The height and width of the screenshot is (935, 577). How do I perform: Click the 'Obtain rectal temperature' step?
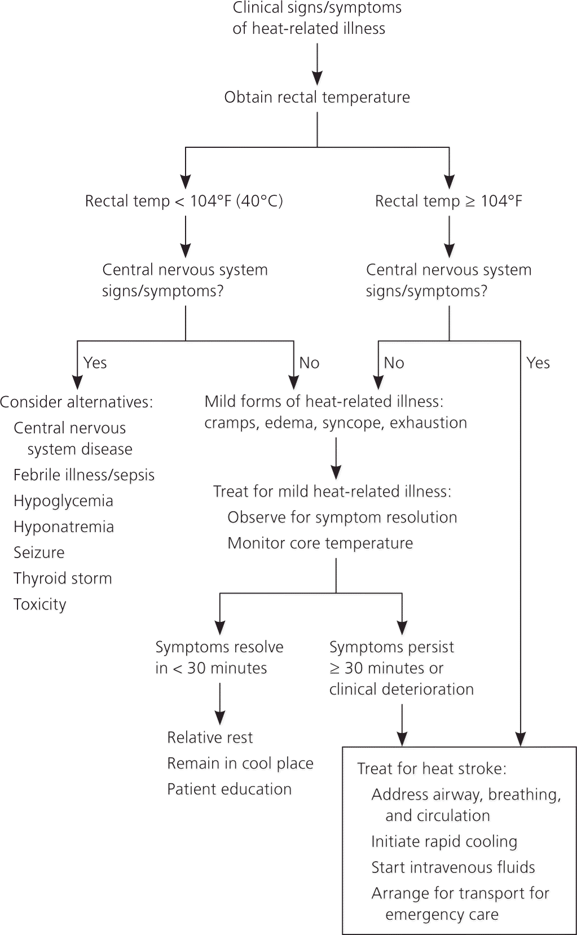pos(317,97)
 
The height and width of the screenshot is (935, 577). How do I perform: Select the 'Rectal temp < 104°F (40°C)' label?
pos(184,201)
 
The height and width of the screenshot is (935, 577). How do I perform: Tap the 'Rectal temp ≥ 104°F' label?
pos(448,201)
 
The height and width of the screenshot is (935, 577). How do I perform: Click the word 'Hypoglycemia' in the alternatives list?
pos(63,501)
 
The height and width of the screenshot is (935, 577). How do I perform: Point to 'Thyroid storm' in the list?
pos(63,578)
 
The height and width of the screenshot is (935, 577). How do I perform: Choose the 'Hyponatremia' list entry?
pos(64,527)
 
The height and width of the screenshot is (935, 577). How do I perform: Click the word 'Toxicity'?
pos(40,604)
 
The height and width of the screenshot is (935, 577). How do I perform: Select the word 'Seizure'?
pos(39,552)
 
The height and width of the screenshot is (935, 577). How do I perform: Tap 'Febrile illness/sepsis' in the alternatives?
pos(84,475)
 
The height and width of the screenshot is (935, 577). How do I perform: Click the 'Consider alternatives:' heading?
pos(77,402)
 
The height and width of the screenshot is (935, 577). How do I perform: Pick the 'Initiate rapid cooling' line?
pos(444,841)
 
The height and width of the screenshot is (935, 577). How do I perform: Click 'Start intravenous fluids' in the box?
pos(453,867)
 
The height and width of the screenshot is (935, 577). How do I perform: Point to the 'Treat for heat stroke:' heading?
pos(431,769)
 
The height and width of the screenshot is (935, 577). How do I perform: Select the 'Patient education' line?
pos(229,789)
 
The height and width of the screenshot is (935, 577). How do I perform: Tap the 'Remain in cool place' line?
pos(240,763)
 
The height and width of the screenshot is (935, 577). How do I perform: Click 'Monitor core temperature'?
pos(320,543)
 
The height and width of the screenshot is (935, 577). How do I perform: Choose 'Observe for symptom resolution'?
pos(342,517)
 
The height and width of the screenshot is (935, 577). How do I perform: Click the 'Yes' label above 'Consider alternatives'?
pos(95,363)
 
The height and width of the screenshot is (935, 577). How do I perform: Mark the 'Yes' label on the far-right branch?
pos(538,363)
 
